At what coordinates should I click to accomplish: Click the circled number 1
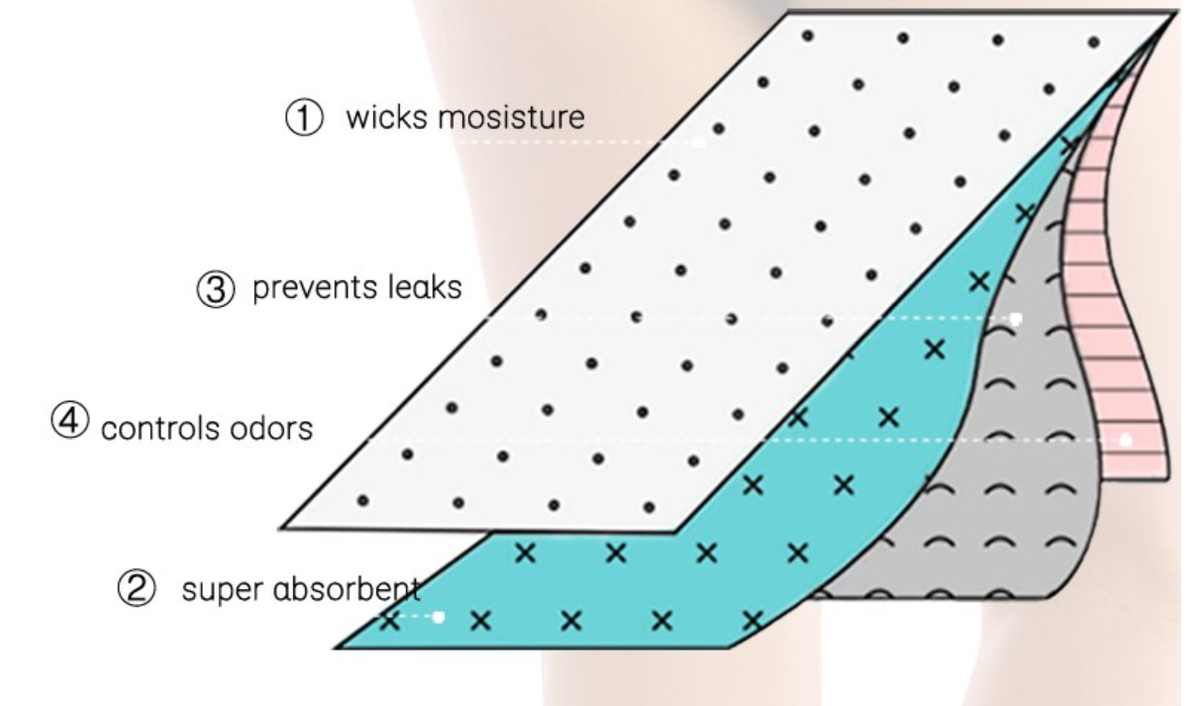tap(304, 117)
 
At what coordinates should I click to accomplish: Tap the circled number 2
tap(137, 588)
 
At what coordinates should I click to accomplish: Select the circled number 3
tap(216, 289)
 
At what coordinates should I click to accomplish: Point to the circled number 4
tap(69, 421)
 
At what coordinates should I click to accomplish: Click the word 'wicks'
tap(387, 117)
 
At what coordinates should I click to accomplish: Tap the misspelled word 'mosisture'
tap(511, 117)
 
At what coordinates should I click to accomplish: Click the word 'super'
tap(223, 590)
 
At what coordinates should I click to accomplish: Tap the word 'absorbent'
tap(347, 589)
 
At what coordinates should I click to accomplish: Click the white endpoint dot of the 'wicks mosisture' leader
tap(699, 143)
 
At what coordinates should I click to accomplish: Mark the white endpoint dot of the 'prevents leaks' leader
tap(1016, 319)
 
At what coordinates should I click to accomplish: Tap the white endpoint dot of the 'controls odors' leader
tap(1125, 440)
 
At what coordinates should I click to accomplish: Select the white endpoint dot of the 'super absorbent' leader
tap(439, 617)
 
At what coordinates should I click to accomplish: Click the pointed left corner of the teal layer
tap(336, 648)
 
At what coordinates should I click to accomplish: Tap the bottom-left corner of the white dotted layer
tap(281, 528)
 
